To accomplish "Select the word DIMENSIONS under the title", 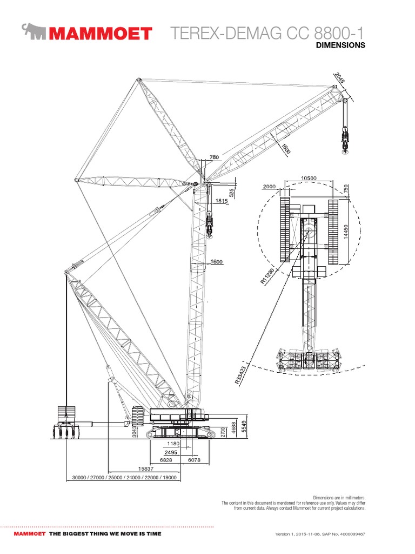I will [x=340, y=45].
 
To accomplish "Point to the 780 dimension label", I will [x=214, y=157].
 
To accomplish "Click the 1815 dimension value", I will [x=222, y=201].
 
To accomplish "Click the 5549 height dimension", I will [x=244, y=427].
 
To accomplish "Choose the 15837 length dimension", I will [x=146, y=468].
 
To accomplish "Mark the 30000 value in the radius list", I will [x=79, y=478].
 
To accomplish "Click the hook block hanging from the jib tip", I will [x=344, y=142].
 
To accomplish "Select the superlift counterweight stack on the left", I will [x=65, y=417].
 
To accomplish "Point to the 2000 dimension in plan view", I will [x=269, y=187].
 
